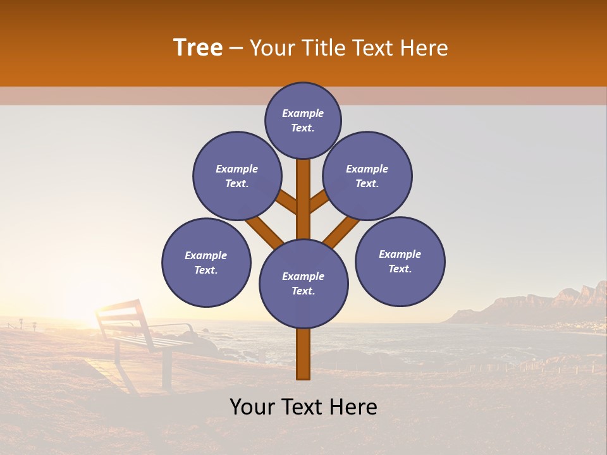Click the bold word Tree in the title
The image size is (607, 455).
(198, 48)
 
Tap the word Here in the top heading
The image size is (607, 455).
(425, 48)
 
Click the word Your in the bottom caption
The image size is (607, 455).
(252, 407)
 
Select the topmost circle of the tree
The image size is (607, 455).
(303, 120)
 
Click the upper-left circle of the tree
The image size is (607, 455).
(237, 176)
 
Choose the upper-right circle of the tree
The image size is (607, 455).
(367, 176)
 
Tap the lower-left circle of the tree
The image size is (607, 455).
(206, 262)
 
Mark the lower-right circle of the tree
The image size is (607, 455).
(400, 261)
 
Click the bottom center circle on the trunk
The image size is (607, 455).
(303, 284)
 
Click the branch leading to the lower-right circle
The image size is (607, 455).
(342, 231)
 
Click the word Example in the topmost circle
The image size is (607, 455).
(303, 113)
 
